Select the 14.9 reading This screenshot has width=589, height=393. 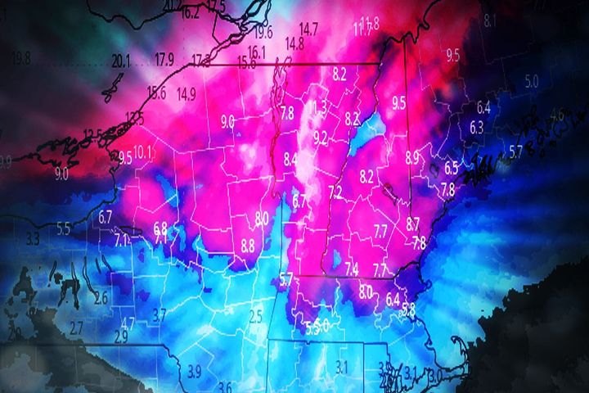187,93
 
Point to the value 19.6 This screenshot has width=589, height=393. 263,33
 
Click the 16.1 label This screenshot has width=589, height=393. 257,51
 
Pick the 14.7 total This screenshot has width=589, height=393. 309,28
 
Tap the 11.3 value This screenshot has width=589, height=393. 319,107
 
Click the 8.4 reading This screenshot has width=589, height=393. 291,160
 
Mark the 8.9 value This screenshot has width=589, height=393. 412,156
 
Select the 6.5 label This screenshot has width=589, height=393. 452,168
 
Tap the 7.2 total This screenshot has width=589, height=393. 335,192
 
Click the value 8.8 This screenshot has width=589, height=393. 248,244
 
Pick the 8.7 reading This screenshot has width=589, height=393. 412,222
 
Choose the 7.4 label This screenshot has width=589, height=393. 352,269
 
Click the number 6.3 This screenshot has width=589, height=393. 477,126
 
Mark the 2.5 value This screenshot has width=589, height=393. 255,315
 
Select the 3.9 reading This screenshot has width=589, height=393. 194,371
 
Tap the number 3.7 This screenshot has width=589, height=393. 160,314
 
